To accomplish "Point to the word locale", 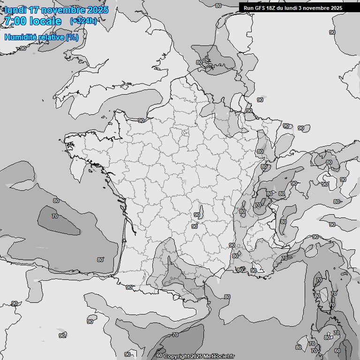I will point(45,21).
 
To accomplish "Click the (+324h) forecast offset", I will point(83,21).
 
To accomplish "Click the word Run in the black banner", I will point(248,8).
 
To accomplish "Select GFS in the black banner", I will point(261,8).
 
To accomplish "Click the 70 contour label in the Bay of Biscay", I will point(55,216).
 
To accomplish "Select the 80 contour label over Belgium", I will point(199,62).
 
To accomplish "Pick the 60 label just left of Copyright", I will point(159,355).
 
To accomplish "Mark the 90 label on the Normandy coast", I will point(141,120).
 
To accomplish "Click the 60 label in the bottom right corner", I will point(337,350).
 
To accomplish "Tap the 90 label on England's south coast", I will point(23,48).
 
